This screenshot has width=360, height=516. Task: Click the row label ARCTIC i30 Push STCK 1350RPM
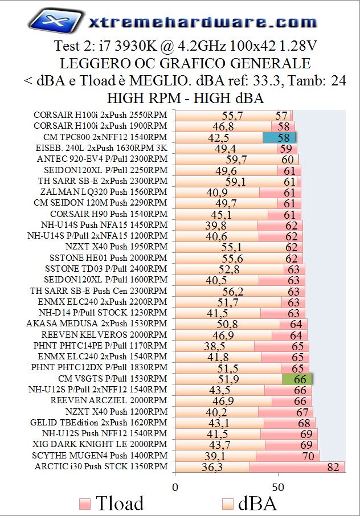click(101, 467)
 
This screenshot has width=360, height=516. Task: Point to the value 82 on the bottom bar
click(333, 468)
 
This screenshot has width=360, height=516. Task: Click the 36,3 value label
click(212, 468)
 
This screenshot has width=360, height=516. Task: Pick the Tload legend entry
click(111, 503)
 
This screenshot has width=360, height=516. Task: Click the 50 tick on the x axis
click(278, 487)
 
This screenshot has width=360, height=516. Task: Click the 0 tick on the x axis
click(175, 487)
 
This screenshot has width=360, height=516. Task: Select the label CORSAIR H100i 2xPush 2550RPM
click(100, 115)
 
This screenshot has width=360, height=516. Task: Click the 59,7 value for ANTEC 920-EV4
click(236, 159)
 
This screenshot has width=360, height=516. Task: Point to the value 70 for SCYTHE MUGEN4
click(308, 456)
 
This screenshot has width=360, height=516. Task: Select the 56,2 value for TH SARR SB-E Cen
click(233, 292)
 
